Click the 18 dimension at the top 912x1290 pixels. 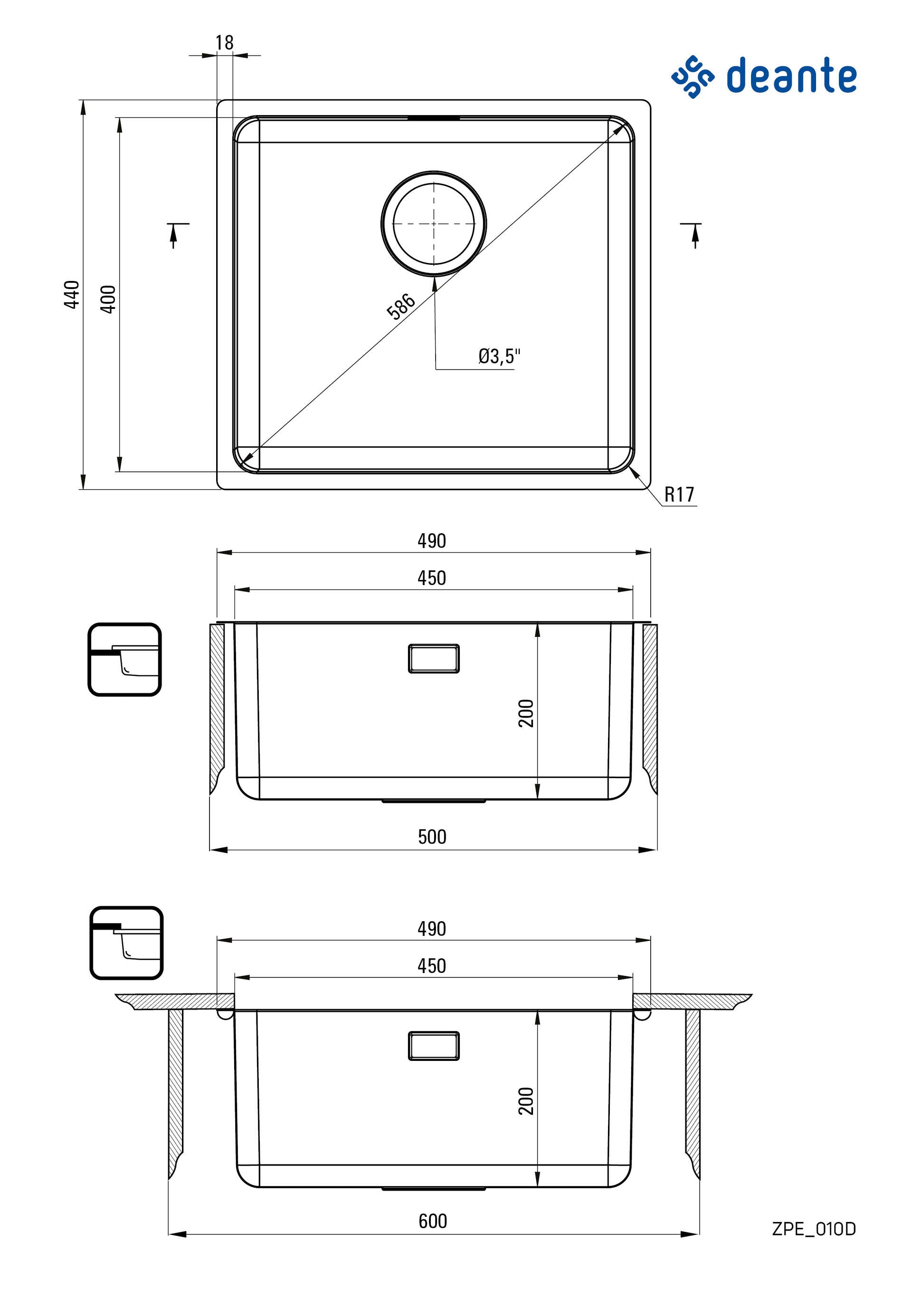click(x=224, y=43)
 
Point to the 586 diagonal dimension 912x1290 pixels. click(x=401, y=306)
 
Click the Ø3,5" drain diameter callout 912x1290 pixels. click(x=499, y=356)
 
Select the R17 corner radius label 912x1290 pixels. click(x=679, y=494)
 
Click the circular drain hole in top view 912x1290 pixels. click(x=434, y=223)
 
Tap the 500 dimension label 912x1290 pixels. click(x=432, y=837)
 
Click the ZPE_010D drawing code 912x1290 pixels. click(x=814, y=1229)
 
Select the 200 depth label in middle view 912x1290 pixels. click(x=526, y=713)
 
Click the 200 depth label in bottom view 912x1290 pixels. click(x=526, y=1101)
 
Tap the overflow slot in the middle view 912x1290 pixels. click(x=434, y=658)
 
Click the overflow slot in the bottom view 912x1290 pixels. click(x=434, y=1046)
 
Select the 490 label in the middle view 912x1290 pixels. click(x=431, y=540)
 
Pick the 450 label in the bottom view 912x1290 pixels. click(x=431, y=966)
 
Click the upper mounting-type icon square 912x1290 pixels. click(x=124, y=659)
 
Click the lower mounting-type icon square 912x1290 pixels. click(x=126, y=942)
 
